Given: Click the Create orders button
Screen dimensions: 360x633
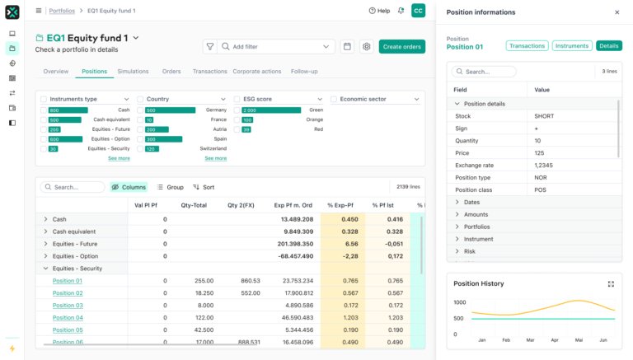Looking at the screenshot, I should tap(402, 47).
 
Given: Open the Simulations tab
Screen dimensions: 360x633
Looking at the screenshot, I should tap(133, 72).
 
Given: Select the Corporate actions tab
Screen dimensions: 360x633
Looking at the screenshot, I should tap(257, 72).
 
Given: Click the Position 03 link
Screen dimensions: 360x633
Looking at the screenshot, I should tap(68, 306).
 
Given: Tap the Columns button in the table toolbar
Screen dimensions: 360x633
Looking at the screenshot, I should tap(129, 187).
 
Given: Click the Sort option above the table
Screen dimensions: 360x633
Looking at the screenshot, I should tap(204, 187).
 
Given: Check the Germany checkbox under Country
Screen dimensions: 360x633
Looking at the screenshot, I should tap(140, 110).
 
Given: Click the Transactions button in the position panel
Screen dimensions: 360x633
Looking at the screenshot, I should tap(527, 46).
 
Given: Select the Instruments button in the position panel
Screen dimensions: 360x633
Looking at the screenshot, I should tap(571, 46).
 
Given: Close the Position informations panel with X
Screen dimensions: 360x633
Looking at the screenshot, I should tap(617, 12).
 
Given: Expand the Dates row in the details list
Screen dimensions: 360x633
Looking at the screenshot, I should tap(457, 202).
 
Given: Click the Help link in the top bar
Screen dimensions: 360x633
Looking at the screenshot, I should tap(379, 11).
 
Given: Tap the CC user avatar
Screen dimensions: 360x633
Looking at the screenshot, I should tap(419, 11).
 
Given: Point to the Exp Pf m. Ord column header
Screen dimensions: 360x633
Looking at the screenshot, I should tap(293, 205).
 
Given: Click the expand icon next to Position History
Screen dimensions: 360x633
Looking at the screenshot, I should tap(611, 283).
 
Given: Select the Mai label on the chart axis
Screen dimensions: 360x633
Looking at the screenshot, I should tap(579, 339).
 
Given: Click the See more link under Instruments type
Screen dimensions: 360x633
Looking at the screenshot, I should tap(119, 158).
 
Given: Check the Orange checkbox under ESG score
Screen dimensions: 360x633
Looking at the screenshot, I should tap(237, 119).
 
